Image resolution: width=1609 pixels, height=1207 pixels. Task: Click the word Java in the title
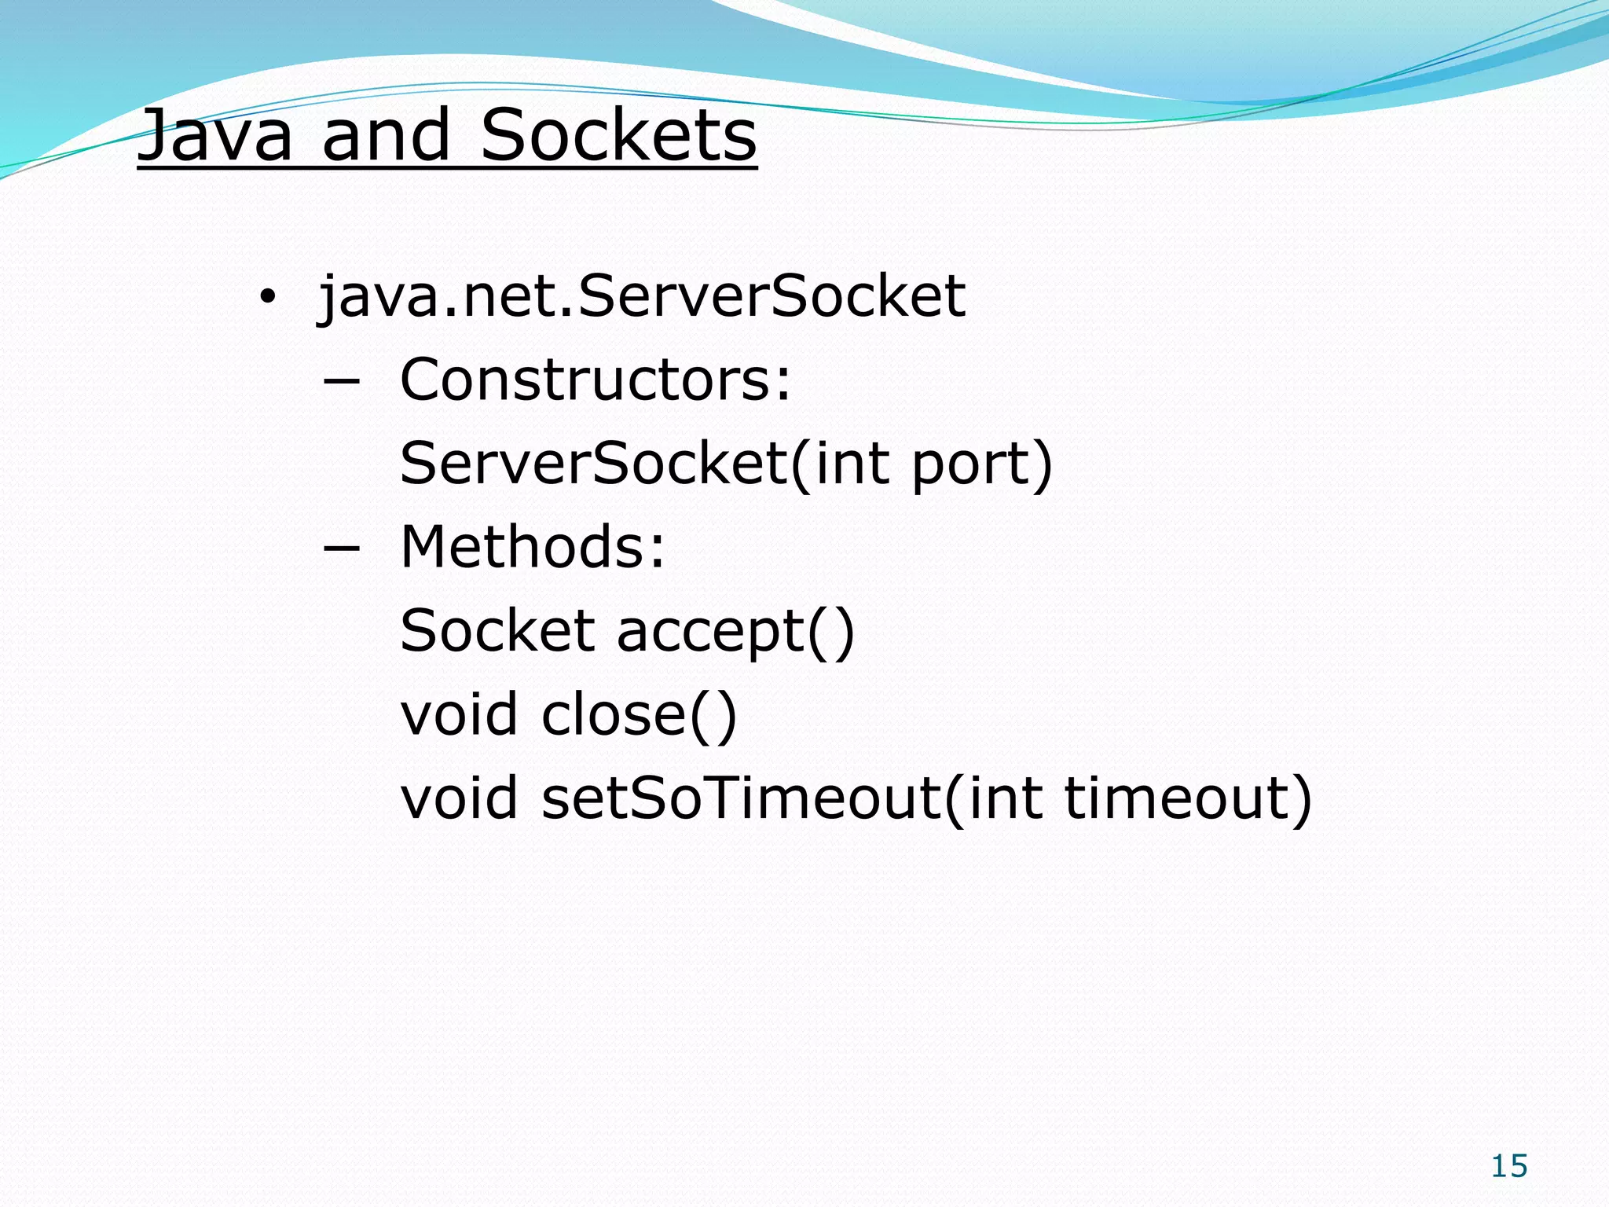tap(215, 135)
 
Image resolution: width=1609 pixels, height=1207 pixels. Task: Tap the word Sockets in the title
tap(618, 135)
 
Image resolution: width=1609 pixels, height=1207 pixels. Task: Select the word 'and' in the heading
tap(386, 135)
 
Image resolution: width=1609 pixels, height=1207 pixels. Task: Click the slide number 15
tap(1509, 1166)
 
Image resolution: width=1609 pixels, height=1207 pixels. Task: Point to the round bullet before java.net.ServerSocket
tap(268, 298)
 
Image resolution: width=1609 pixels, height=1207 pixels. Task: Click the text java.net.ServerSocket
tap(642, 298)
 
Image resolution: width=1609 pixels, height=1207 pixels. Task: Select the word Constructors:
tap(596, 380)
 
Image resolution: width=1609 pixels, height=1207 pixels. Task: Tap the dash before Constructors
tap(342, 381)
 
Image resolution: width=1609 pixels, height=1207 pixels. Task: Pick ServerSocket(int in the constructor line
tap(643, 464)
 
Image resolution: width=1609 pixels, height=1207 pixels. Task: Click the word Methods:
tap(533, 547)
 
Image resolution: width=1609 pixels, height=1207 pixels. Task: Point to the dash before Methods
tap(342, 548)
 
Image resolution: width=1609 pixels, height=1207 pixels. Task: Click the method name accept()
tap(735, 633)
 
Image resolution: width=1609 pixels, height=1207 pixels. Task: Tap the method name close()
tap(639, 714)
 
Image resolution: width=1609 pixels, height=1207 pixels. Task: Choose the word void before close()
tap(460, 714)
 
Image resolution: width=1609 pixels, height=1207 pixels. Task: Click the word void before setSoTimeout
tap(460, 798)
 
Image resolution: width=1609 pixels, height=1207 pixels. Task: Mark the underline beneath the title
tap(447, 165)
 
